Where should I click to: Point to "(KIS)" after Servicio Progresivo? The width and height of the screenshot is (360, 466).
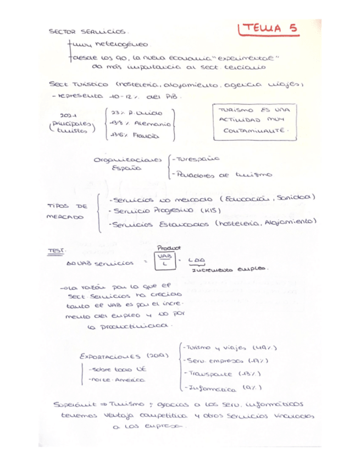tap(211, 210)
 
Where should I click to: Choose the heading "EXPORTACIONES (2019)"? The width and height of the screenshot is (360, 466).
tap(124, 356)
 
